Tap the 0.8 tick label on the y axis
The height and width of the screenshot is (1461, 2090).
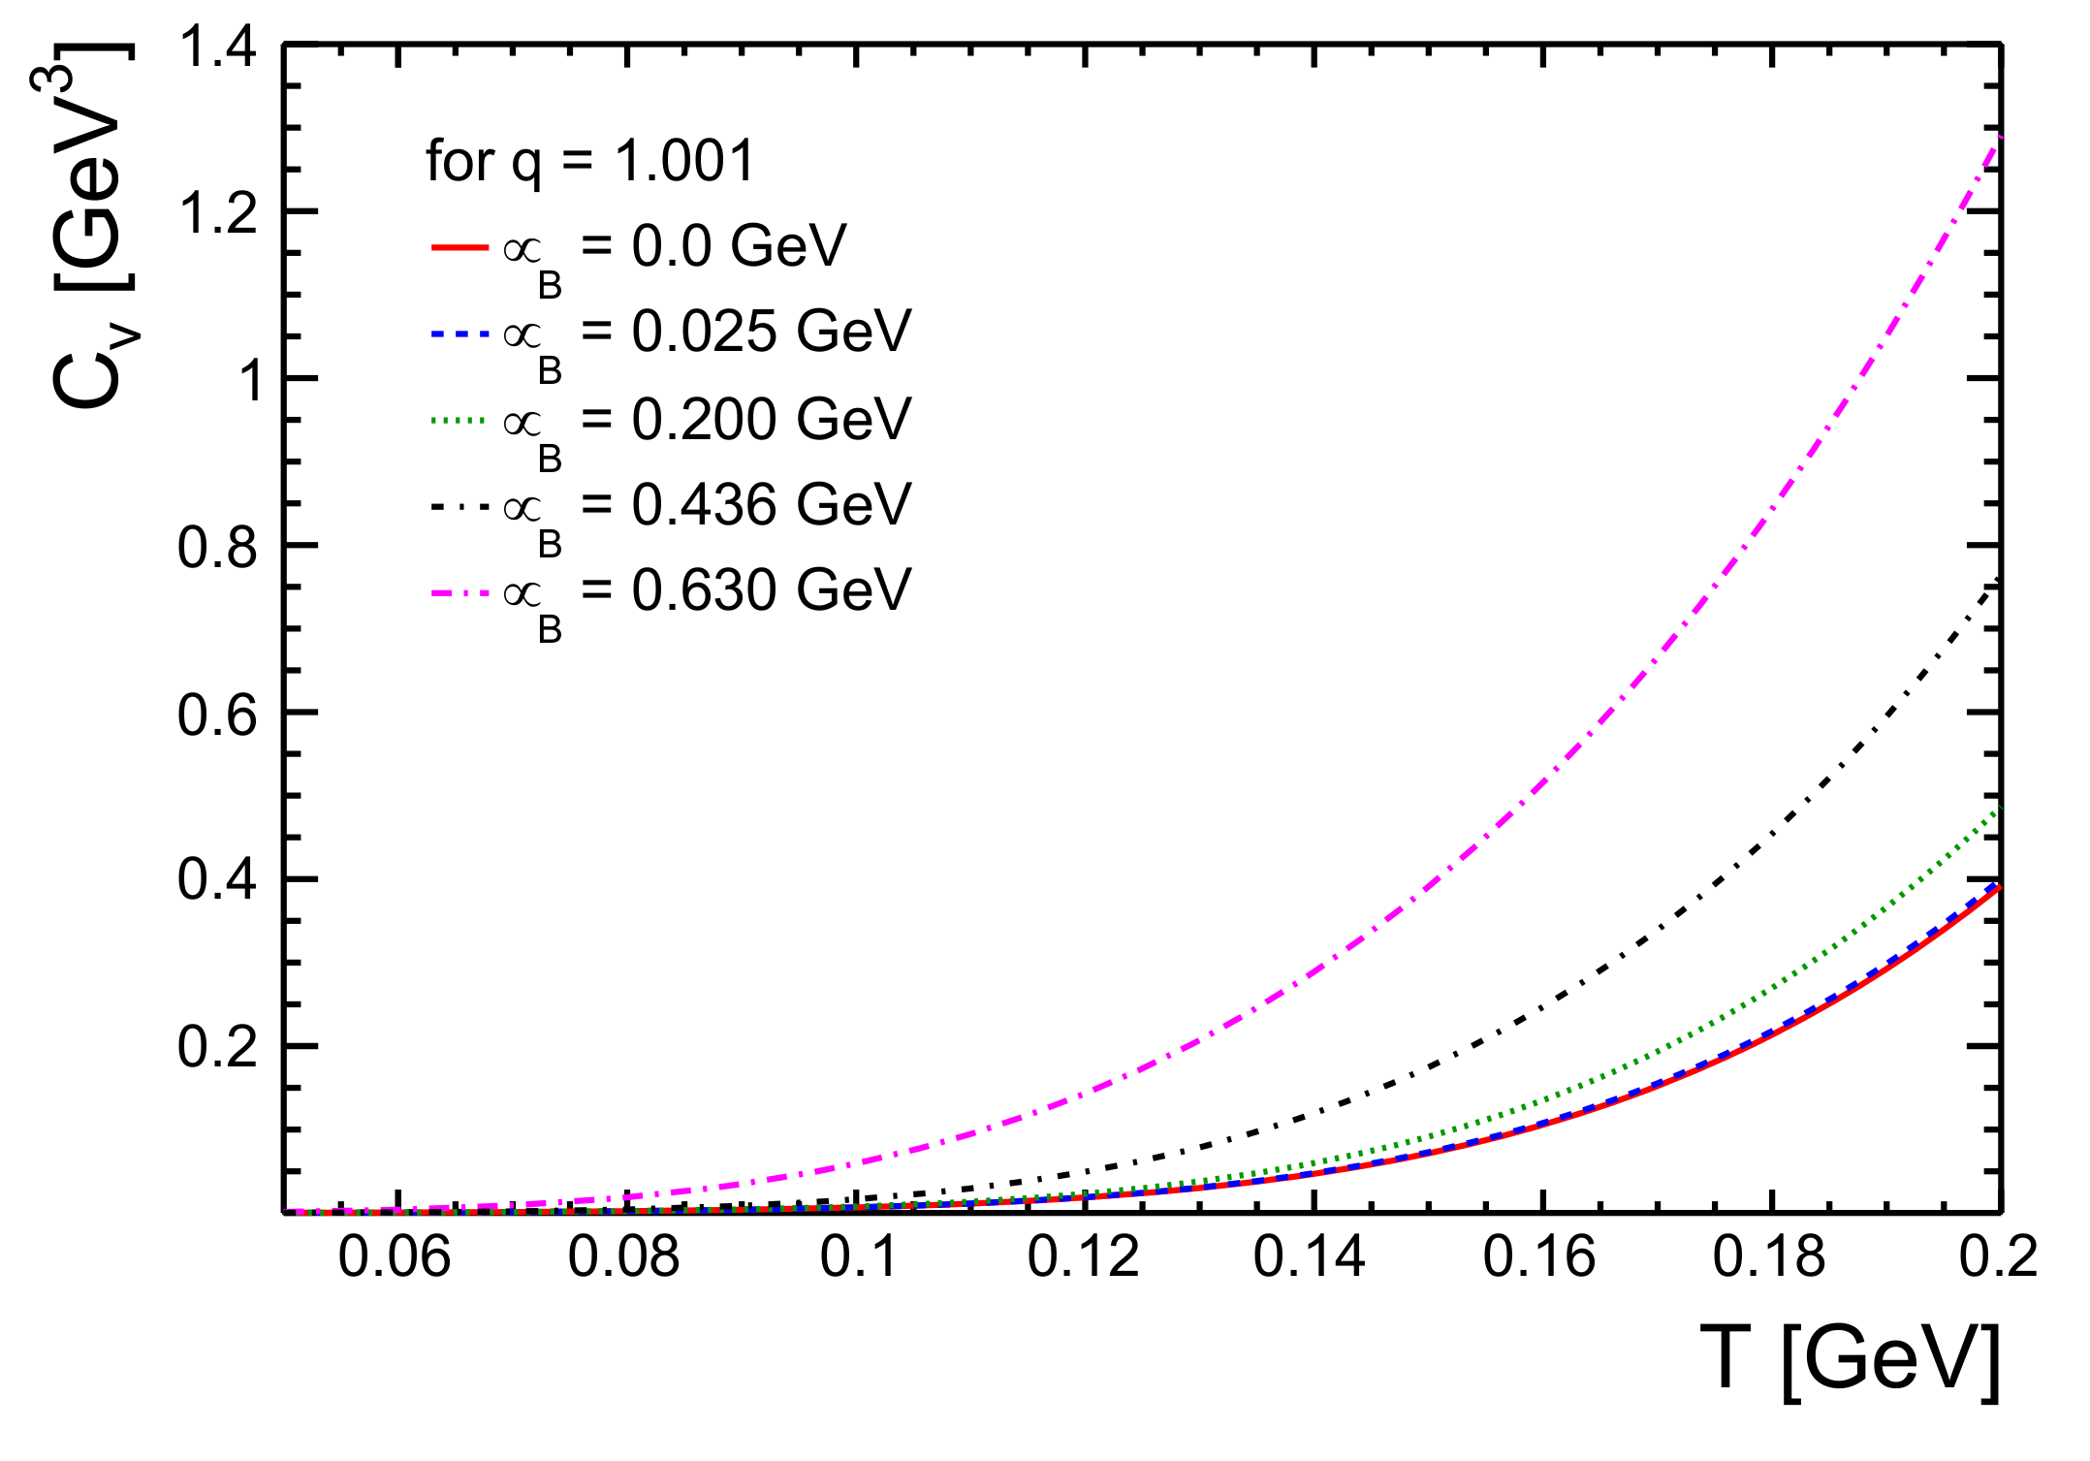(217, 547)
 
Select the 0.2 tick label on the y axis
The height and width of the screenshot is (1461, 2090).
(217, 1048)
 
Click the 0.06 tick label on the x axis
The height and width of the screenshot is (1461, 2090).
(395, 1257)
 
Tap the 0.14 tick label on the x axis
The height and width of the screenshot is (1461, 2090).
(1310, 1257)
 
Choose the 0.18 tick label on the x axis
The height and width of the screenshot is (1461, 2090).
(1769, 1257)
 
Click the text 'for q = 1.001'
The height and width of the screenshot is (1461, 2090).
(590, 161)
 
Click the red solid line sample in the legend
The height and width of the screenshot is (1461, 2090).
(459, 248)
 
